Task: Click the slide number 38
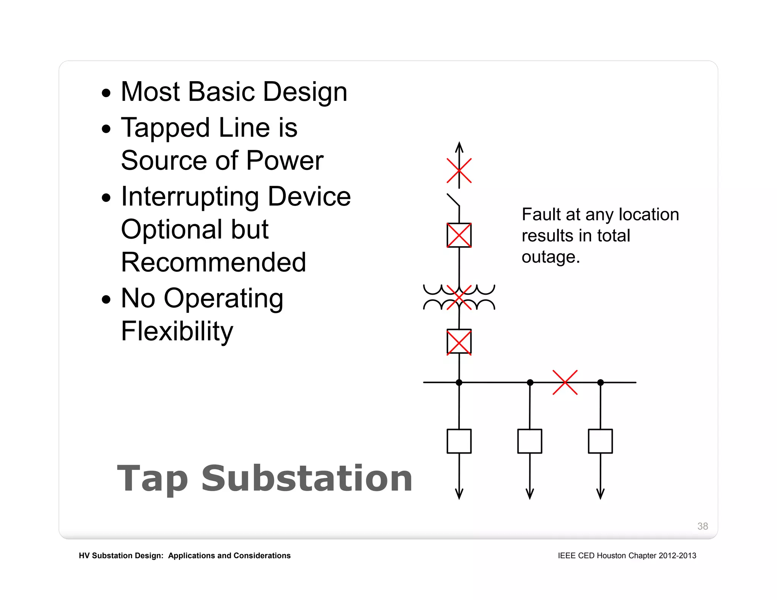click(x=702, y=526)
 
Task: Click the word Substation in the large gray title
click(x=307, y=479)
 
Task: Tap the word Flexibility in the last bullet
click(x=177, y=331)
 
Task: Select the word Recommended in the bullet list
click(x=213, y=262)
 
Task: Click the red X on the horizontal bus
click(x=565, y=382)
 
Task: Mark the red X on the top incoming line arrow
click(x=459, y=171)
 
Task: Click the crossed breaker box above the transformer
click(x=459, y=235)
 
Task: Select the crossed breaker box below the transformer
click(x=459, y=342)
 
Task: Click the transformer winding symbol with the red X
click(x=459, y=297)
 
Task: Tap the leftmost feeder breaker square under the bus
click(x=459, y=441)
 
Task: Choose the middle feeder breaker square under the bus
click(x=530, y=441)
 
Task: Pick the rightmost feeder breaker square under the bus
click(x=600, y=441)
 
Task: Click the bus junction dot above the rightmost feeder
click(x=600, y=382)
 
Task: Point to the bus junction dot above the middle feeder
click(x=530, y=382)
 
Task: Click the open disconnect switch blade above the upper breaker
click(x=453, y=200)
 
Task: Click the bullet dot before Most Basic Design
click(x=107, y=93)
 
